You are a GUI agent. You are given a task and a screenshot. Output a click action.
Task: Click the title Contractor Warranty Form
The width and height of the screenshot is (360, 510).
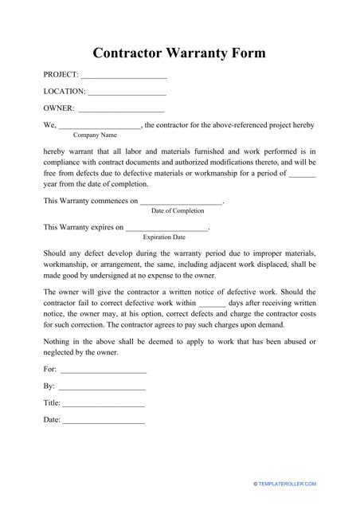(179, 53)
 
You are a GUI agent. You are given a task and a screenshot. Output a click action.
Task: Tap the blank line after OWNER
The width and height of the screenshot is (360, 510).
(121, 111)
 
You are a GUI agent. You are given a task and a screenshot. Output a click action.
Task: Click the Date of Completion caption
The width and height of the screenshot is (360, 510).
(178, 211)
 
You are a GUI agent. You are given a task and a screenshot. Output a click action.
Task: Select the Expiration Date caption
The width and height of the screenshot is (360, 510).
(164, 237)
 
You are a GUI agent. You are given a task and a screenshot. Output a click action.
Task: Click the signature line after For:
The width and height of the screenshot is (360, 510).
(104, 372)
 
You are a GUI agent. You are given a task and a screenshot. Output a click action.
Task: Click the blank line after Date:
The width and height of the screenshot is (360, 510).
(104, 422)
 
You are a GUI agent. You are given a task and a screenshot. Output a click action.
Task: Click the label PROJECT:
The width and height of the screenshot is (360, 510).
(61, 75)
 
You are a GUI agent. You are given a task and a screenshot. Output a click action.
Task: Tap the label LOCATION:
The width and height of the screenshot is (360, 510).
(65, 92)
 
